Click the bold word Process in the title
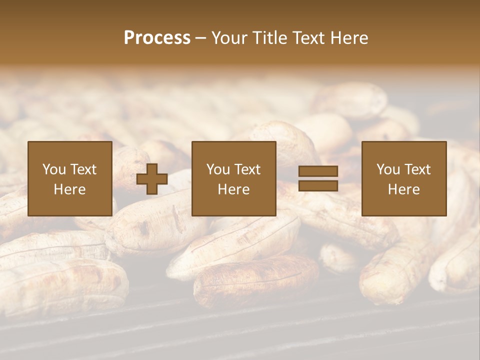point(157,38)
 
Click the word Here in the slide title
point(350,38)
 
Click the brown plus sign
point(152,179)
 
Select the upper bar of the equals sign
point(318,171)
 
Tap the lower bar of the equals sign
point(318,186)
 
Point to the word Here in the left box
point(69,189)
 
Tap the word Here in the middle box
point(233,189)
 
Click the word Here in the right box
point(403,189)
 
